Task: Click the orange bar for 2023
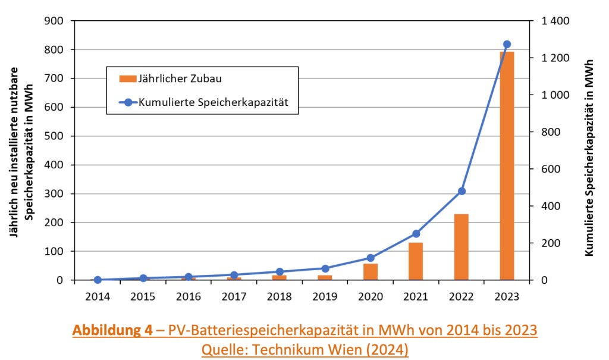(x=507, y=167)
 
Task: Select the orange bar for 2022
(x=461, y=247)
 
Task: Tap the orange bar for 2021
(x=416, y=261)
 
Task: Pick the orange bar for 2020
(x=370, y=272)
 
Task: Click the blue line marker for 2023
(x=507, y=44)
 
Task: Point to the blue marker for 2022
(x=462, y=191)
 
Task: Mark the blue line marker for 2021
(x=416, y=234)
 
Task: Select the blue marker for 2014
(x=97, y=280)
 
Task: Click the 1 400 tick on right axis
(x=555, y=21)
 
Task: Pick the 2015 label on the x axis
(x=143, y=296)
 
